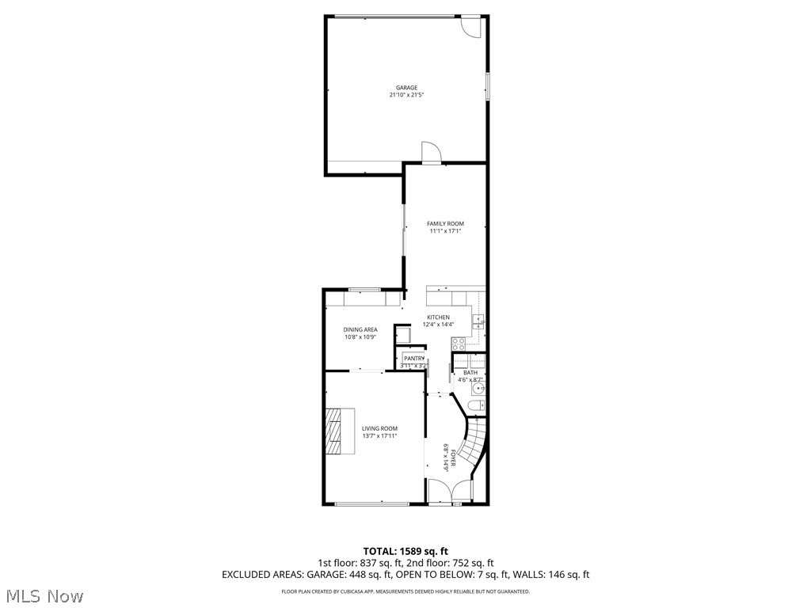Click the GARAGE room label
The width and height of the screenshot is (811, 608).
(x=406, y=88)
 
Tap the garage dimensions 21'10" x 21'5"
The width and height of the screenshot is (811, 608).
(x=406, y=95)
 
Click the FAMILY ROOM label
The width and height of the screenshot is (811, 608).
(x=445, y=224)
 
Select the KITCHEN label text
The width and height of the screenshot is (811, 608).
(x=438, y=317)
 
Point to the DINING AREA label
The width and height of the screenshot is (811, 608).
(x=360, y=329)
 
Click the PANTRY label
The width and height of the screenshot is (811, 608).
(x=414, y=359)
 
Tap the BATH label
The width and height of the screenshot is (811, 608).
(x=470, y=372)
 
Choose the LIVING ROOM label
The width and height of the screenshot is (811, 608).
(x=379, y=428)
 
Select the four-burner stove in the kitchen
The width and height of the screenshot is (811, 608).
(x=457, y=344)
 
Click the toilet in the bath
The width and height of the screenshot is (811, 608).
(x=474, y=406)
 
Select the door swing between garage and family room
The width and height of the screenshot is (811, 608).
(x=429, y=152)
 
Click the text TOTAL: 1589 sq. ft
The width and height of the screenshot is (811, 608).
(x=405, y=551)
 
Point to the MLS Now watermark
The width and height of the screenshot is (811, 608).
(x=44, y=595)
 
